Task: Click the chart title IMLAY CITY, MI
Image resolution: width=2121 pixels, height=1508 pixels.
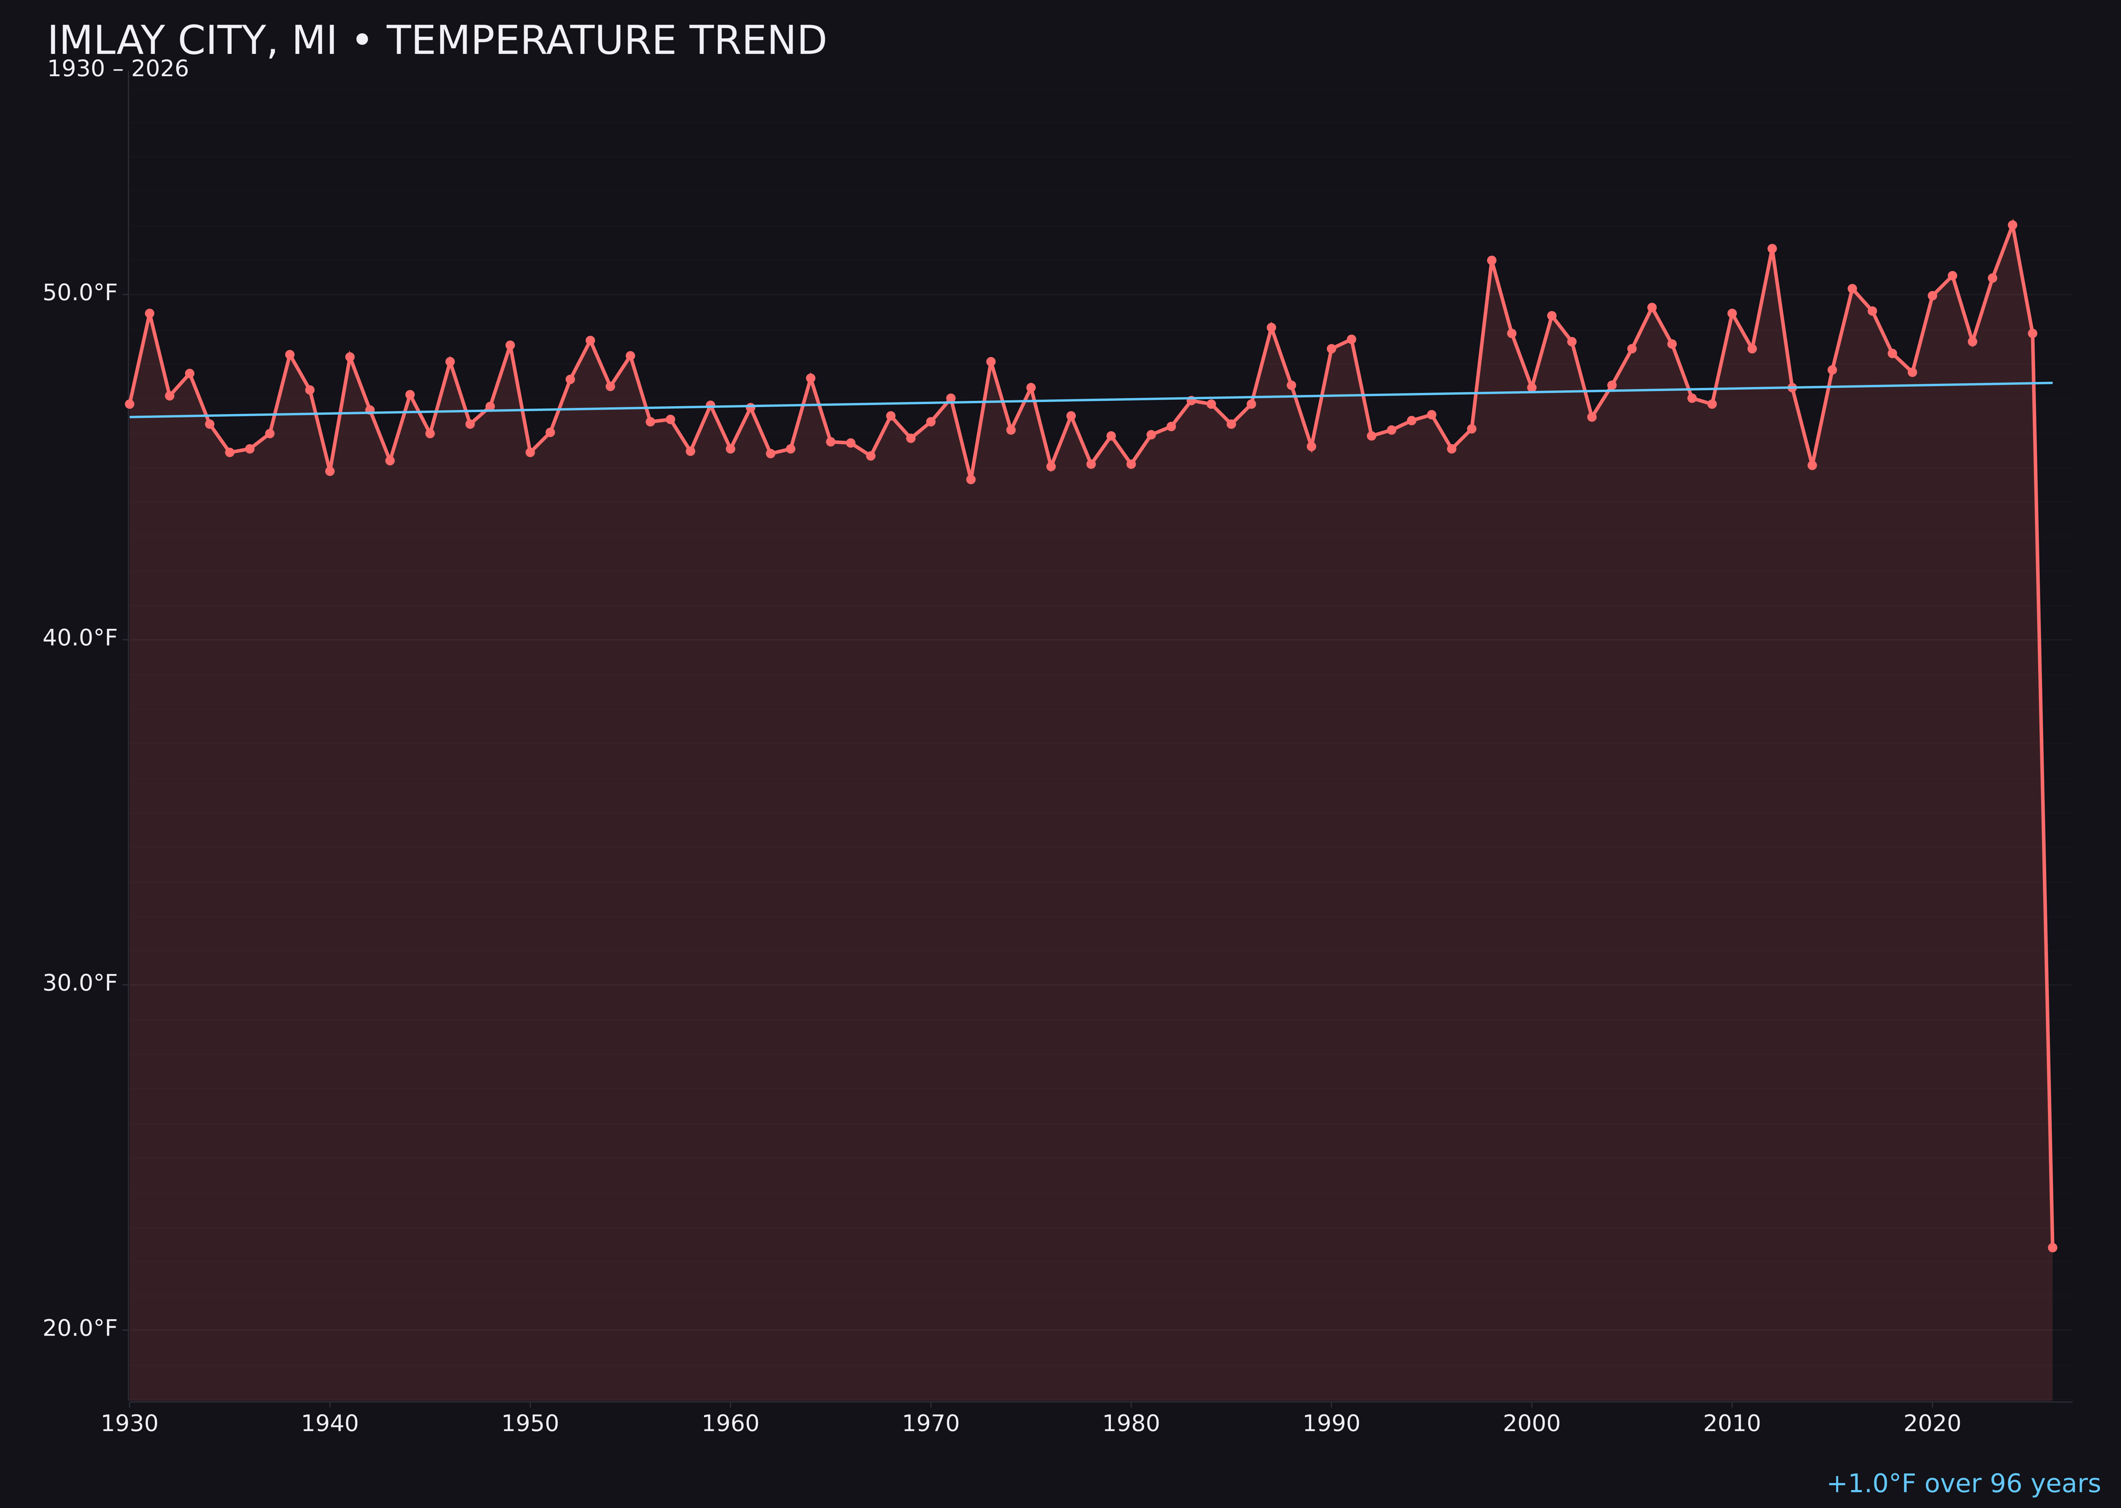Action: click(x=436, y=41)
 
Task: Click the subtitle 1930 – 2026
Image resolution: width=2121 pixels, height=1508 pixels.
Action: click(x=118, y=69)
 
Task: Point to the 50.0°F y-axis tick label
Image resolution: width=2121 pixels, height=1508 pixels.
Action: click(x=80, y=293)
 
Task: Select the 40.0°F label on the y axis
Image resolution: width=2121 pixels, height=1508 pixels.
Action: click(x=80, y=638)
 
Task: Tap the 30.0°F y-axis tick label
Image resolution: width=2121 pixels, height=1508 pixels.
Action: click(x=80, y=984)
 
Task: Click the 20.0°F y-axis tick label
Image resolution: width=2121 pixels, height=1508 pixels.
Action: click(x=80, y=1328)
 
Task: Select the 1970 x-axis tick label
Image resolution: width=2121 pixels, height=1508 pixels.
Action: click(x=931, y=1424)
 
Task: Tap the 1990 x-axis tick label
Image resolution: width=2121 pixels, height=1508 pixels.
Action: click(x=1331, y=1424)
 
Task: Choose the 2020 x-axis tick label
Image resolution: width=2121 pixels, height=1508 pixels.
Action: click(x=1932, y=1424)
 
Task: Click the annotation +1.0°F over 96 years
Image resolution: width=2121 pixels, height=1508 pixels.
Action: click(x=1963, y=1483)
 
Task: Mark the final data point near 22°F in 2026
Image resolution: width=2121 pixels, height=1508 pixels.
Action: click(x=2052, y=1247)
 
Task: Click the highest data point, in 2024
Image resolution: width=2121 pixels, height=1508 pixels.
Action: click(x=2012, y=225)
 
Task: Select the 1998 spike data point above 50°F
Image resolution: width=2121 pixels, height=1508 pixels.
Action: click(x=1492, y=261)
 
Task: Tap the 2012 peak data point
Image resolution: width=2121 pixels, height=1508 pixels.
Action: click(x=1772, y=249)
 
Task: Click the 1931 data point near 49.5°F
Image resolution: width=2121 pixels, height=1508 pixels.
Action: click(x=150, y=313)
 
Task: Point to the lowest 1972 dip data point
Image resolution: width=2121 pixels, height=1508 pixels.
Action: click(x=970, y=479)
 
